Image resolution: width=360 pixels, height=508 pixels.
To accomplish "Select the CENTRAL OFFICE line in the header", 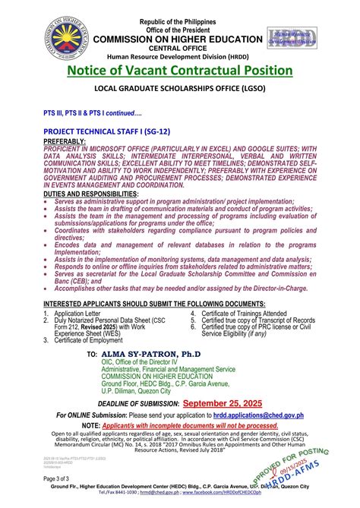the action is pyautogui.click(x=179, y=34).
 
